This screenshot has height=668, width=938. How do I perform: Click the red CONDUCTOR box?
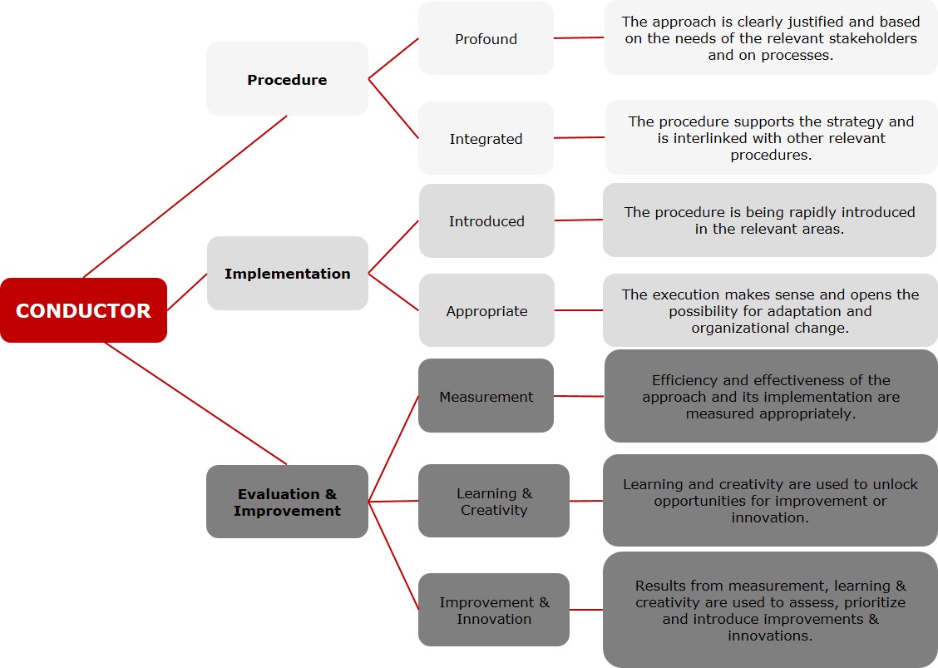(83, 310)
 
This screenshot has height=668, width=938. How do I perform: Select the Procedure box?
(287, 78)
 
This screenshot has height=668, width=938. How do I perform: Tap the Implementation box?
(287, 273)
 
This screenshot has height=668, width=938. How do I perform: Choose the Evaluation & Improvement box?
(287, 502)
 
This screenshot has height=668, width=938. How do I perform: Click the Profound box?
(486, 38)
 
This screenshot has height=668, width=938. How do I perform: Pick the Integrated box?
(486, 138)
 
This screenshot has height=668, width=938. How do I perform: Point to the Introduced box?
(486, 221)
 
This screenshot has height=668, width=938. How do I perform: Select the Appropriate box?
(486, 310)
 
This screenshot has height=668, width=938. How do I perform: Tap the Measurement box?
(486, 396)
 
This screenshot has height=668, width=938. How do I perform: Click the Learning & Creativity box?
(493, 501)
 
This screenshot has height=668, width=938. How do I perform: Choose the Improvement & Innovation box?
(493, 610)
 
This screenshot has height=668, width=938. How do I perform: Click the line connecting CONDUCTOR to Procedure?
(185, 196)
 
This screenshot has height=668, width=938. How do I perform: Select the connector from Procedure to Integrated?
(393, 108)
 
